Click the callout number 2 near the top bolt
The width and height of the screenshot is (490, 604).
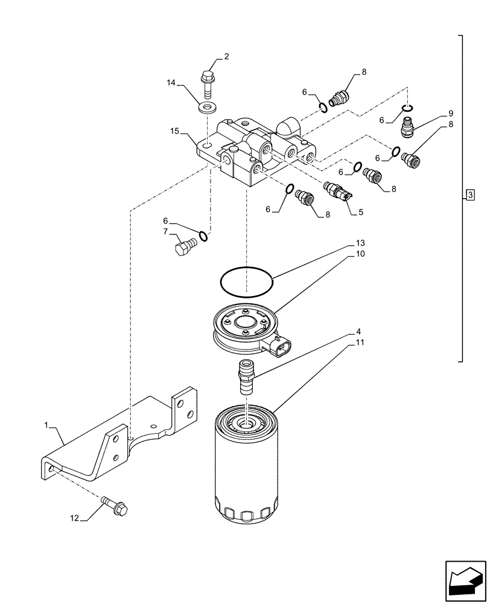pyautogui.click(x=226, y=57)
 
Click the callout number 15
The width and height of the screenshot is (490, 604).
pyautogui.click(x=175, y=130)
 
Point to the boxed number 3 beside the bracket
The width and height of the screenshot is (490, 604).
pyautogui.click(x=471, y=194)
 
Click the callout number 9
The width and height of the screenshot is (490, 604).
pyautogui.click(x=450, y=114)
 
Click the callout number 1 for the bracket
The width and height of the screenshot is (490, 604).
pyautogui.click(x=46, y=425)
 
